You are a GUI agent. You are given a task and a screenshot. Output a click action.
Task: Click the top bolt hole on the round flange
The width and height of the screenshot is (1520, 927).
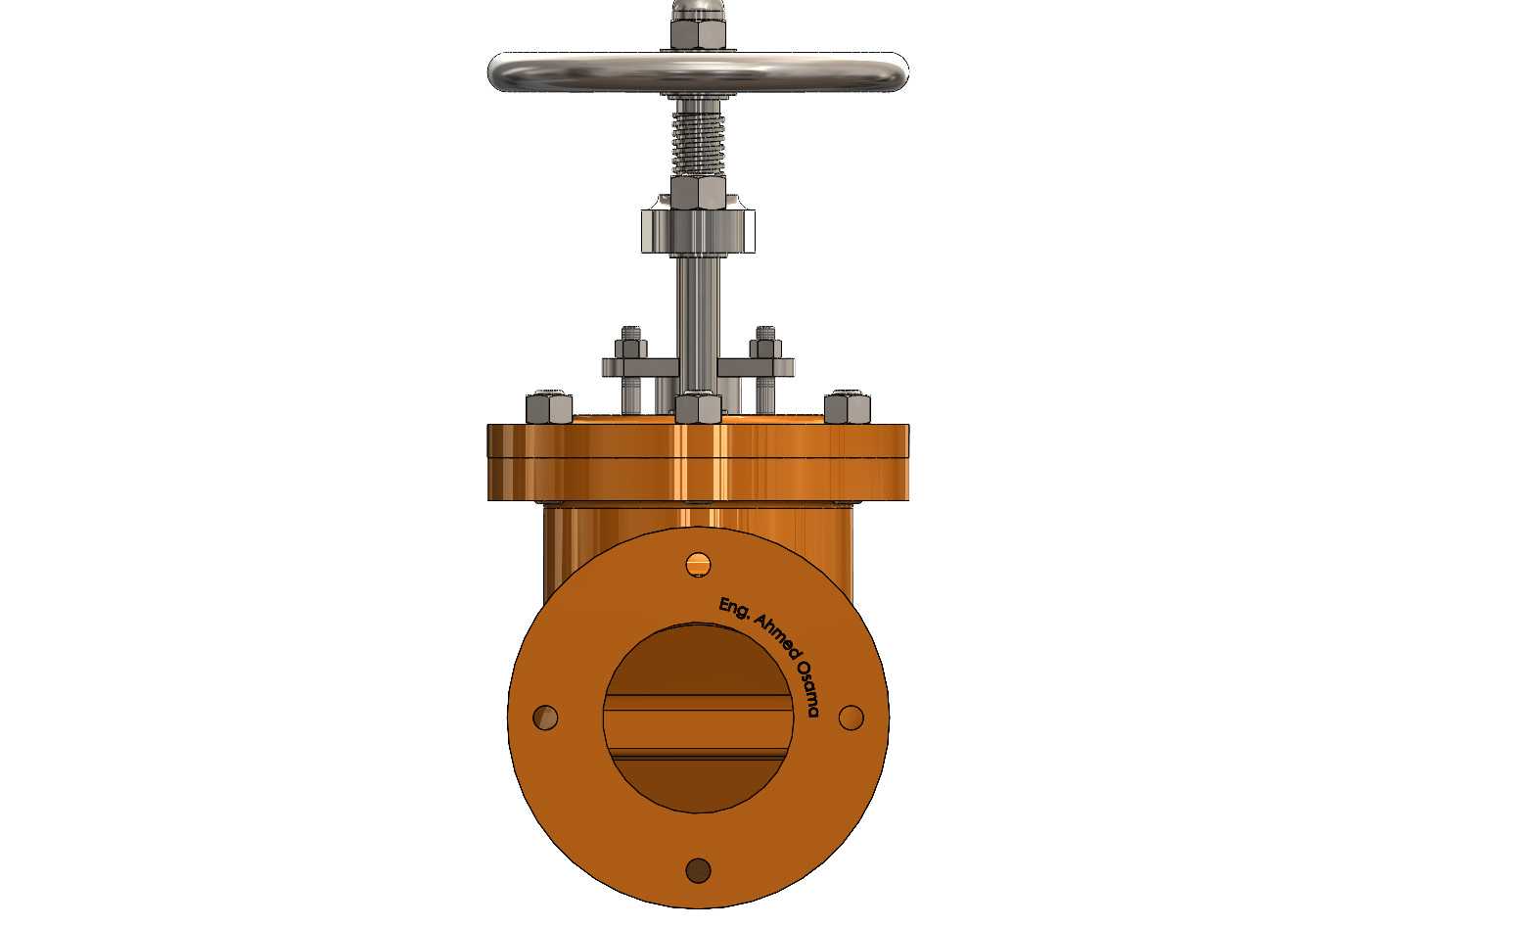point(698,564)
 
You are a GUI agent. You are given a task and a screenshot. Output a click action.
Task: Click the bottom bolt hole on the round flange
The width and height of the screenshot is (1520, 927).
point(698,870)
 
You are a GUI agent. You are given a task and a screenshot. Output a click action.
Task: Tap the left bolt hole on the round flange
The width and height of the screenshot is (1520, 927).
point(545,718)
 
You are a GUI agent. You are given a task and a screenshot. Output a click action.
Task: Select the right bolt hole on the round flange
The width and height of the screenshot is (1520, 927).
point(852,718)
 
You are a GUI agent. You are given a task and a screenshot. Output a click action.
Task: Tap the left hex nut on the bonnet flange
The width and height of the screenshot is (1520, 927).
point(549,407)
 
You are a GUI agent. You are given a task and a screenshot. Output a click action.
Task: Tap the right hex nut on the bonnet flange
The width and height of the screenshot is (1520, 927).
point(848,407)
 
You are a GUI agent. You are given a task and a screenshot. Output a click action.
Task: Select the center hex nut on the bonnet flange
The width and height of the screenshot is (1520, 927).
point(698,407)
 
